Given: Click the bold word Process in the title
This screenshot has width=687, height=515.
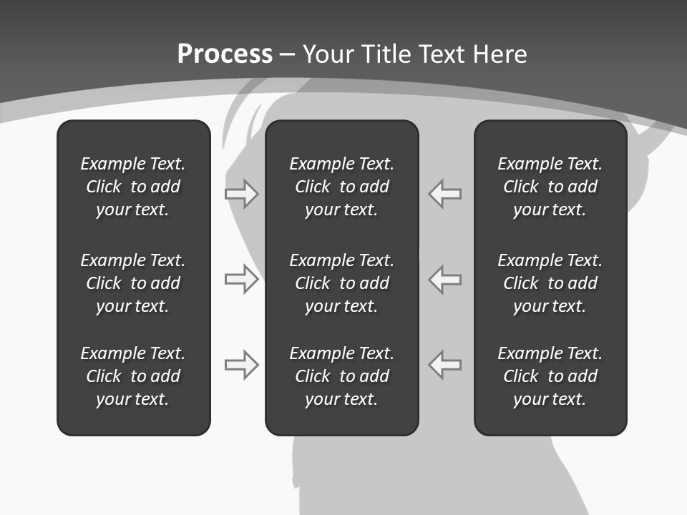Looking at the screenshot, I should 225,54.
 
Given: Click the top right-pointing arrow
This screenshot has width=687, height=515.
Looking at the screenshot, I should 242,194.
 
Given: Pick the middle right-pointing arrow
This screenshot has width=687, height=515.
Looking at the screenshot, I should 242,279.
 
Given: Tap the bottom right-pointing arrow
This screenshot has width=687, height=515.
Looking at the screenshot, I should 242,365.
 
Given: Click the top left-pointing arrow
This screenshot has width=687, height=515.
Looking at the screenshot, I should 444,194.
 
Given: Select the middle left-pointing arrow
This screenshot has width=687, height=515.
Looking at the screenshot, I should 444,279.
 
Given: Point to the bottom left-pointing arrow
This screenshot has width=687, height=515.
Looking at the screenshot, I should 444,365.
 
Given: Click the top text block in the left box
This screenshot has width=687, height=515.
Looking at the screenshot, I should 133,187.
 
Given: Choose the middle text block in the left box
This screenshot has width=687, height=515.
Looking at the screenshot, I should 133,283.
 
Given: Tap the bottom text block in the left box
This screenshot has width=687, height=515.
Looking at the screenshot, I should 133,376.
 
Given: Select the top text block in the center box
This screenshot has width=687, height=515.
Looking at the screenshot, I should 341,187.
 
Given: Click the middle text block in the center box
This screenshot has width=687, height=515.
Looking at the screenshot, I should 341,283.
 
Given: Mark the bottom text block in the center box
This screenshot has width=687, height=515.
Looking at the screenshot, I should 341,376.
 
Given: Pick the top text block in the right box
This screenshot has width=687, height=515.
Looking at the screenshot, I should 550,187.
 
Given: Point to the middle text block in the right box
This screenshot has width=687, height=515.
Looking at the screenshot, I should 550,283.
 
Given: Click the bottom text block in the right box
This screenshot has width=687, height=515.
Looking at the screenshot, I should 550,376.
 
